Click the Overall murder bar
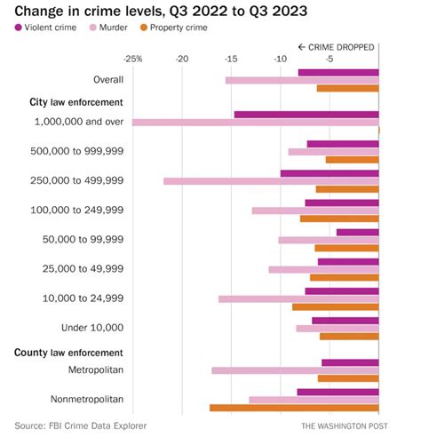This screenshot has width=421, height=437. click(302, 81)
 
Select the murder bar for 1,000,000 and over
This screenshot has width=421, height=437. click(255, 123)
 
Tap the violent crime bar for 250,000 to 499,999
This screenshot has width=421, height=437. click(330, 173)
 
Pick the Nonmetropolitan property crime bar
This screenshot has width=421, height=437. click(294, 408)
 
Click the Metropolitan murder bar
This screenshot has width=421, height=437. click(295, 370)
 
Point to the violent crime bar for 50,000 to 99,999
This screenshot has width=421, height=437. click(358, 233)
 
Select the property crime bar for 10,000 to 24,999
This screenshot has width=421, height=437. click(336, 307)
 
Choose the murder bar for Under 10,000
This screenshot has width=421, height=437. click(338, 329)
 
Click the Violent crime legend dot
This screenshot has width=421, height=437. click(18, 28)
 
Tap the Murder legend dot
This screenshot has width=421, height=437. click(93, 28)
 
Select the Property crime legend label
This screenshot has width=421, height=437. click(179, 28)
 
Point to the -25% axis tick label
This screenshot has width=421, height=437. click(133, 60)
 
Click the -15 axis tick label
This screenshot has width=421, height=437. click(231, 60)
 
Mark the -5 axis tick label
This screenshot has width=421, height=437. click(330, 60)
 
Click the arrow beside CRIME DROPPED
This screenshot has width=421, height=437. click(302, 47)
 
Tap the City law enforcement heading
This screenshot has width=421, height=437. click(76, 102)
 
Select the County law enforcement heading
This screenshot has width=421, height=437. click(68, 353)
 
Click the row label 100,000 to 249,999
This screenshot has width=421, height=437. click(77, 210)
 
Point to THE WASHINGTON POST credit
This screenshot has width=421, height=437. click(345, 426)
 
